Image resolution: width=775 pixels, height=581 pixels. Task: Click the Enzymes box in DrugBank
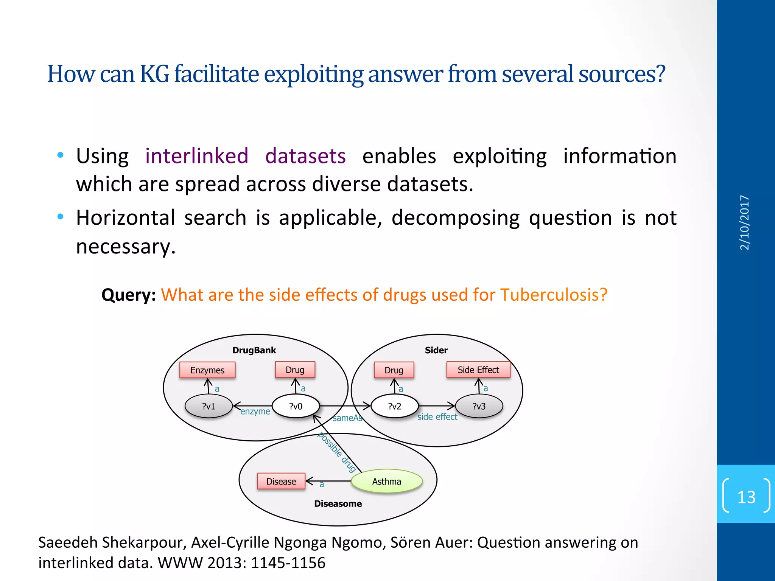pos(207,370)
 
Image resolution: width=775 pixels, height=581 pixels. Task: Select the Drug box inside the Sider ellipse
pos(394,370)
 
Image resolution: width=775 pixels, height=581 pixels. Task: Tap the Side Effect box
pos(478,370)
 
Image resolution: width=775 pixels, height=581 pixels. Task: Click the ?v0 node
pos(296,406)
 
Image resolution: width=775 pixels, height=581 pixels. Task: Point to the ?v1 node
pos(209,406)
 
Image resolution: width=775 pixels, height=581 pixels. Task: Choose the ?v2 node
pos(395,406)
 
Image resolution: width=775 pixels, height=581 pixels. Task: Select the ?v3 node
pos(479,406)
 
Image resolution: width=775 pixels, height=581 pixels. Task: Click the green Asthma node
pos(386,481)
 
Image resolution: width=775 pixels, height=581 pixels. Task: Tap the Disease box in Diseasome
pos(281,481)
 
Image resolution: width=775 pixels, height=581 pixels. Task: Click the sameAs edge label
pos(347,418)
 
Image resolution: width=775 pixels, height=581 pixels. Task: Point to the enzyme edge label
pos(255,412)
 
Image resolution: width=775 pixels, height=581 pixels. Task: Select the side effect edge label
pos(437,417)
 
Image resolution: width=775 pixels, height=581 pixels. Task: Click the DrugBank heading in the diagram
pos(254,350)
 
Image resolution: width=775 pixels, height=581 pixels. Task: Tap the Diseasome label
pos(338,503)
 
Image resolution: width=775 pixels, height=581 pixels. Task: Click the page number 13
pos(746,497)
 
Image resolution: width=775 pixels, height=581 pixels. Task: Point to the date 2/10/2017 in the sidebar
pos(744,222)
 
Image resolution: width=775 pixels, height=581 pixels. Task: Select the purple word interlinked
pos(197,156)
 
